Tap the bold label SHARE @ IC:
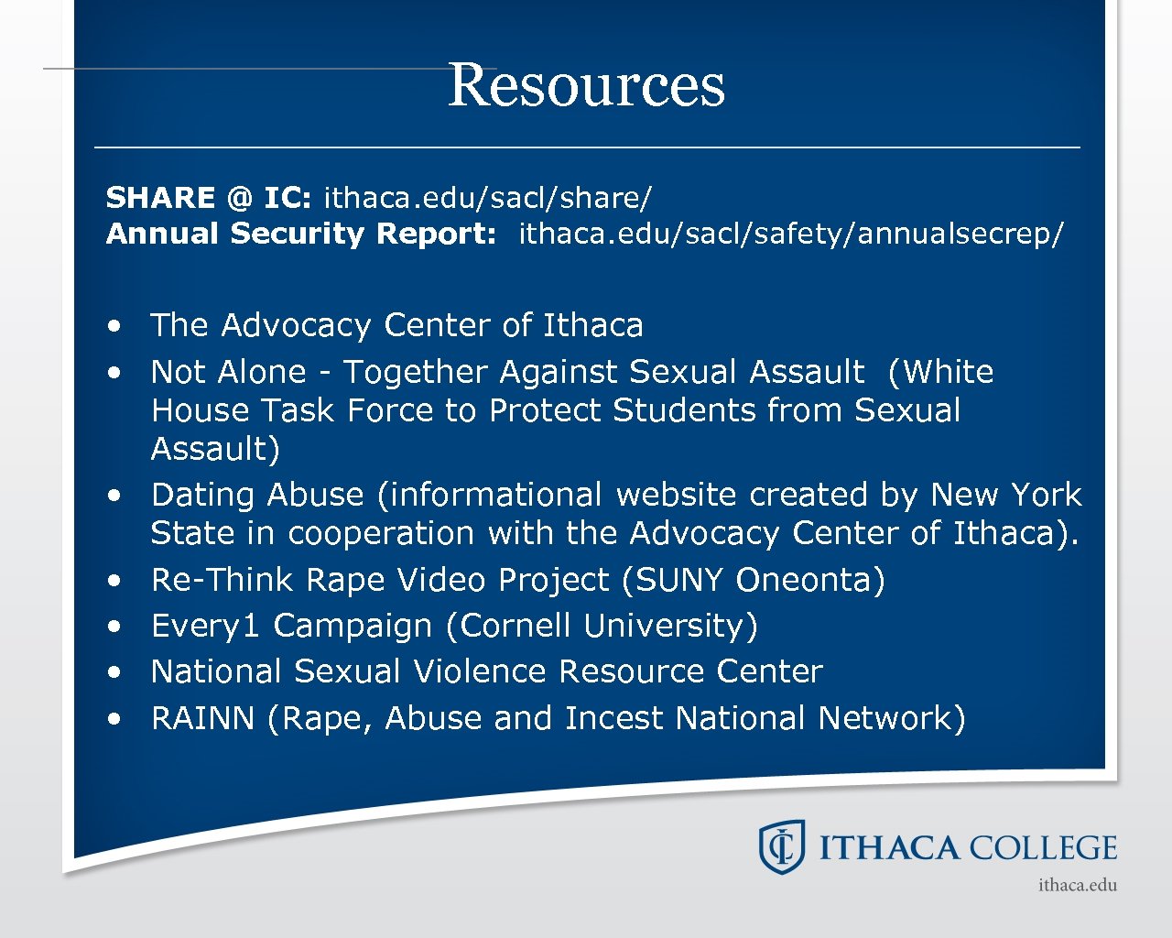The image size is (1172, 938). pos(209,198)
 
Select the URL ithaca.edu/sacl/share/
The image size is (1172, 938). pos(487,198)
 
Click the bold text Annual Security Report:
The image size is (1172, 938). pos(301,234)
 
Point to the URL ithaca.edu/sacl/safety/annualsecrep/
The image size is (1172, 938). pos(791,234)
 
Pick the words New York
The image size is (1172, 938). pos(1005,495)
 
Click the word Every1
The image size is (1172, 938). pos(206,626)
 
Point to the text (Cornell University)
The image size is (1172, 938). pos(602,626)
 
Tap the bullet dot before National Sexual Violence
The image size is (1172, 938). pos(114,672)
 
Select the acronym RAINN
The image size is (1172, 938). pos(202,718)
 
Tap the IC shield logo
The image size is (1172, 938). pos(781,846)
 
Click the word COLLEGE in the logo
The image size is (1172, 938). pos(1043,848)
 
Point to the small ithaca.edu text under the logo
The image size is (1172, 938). pos(1078,885)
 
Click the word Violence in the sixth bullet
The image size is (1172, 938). pos(481,671)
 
